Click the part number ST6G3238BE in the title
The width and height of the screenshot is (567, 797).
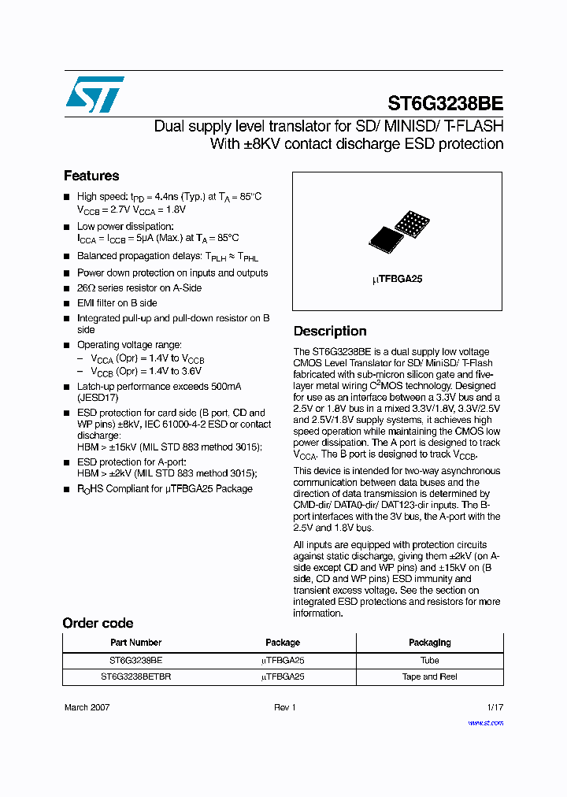click(445, 103)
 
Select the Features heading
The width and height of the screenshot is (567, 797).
click(91, 176)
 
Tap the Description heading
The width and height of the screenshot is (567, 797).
click(330, 331)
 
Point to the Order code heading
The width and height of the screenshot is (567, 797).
click(98, 623)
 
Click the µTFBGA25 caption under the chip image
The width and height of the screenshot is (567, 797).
click(397, 279)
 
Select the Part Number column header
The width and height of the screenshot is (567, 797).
click(135, 643)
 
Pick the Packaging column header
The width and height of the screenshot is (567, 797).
click(430, 643)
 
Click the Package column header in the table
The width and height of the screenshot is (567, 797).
click(283, 643)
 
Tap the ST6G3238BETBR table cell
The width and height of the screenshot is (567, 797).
click(135, 677)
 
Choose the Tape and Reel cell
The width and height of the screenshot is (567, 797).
click(430, 677)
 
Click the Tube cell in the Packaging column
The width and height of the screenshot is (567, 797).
click(430, 660)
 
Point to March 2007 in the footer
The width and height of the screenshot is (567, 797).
click(87, 707)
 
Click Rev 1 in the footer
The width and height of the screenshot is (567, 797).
click(284, 707)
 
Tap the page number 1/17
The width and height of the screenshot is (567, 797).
click(495, 707)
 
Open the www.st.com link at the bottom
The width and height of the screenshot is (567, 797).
click(485, 722)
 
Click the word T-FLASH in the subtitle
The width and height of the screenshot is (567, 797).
click(474, 126)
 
